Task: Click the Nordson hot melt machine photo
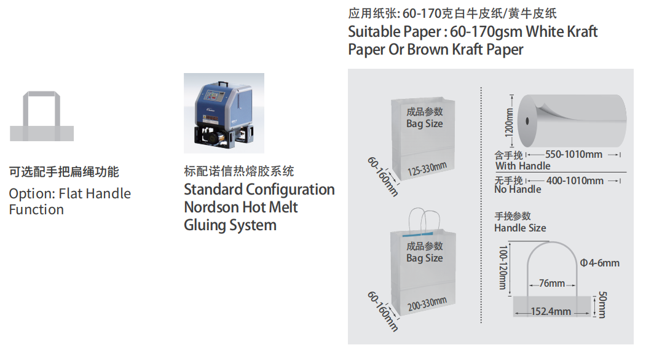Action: tap(224, 113)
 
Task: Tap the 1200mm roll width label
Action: tap(510, 122)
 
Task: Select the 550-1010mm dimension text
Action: tap(573, 154)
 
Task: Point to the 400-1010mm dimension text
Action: tap(575, 181)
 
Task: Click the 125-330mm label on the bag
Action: tap(427, 169)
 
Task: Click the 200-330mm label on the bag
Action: tap(427, 304)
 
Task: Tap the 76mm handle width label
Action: tap(552, 284)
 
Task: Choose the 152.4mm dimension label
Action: tap(551, 312)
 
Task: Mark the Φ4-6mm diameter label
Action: tap(599, 263)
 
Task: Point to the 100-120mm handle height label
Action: tap(503, 268)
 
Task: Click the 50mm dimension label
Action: tap(602, 305)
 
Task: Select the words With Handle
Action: tap(522, 166)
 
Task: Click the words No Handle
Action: tap(518, 190)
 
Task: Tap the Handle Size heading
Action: tap(520, 228)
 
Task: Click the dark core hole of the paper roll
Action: tap(527, 121)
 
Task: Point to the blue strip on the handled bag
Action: tap(418, 234)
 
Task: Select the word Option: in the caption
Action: tap(32, 193)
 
